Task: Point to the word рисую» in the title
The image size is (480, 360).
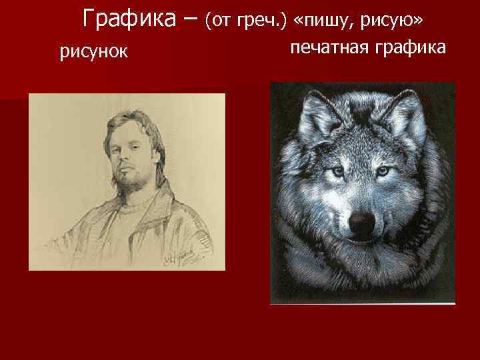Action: point(391,21)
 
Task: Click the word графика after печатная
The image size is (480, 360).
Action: point(411,47)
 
